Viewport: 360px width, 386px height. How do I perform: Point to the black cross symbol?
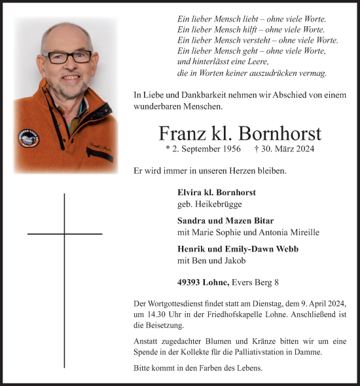click(x=65, y=234)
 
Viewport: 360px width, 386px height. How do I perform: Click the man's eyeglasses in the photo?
click(x=69, y=58)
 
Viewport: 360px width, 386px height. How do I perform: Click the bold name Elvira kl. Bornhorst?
click(x=216, y=193)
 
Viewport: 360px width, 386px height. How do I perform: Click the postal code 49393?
click(x=189, y=282)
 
